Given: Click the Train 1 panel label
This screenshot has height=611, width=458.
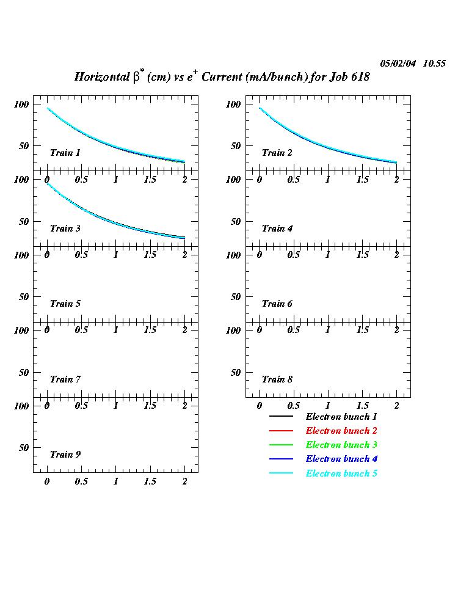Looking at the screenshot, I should [65, 153].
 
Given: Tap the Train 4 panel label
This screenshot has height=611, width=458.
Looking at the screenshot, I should [277, 229].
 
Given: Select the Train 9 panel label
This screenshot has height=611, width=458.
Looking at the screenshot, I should [65, 455].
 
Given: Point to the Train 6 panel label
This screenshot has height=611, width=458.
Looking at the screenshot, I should [277, 304].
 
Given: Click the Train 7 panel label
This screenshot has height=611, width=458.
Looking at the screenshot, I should [65, 379].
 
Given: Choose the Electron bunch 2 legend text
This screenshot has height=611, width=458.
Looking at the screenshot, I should [341, 431].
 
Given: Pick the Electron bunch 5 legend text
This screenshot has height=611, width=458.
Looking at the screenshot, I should [341, 474].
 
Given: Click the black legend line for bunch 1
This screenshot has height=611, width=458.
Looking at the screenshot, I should [282, 417].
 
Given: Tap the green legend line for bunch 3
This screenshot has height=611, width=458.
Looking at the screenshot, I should [282, 445].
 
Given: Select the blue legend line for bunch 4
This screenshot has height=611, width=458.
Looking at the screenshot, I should [282, 459].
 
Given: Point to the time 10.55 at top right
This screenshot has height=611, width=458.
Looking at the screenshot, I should [434, 64].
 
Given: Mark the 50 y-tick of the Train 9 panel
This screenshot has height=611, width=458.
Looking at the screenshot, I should [24, 448].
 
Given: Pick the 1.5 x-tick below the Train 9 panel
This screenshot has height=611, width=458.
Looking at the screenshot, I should [150, 481].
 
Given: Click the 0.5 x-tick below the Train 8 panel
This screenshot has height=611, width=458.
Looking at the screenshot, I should [294, 406].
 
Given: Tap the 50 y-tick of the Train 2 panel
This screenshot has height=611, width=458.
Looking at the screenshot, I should [236, 146].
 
